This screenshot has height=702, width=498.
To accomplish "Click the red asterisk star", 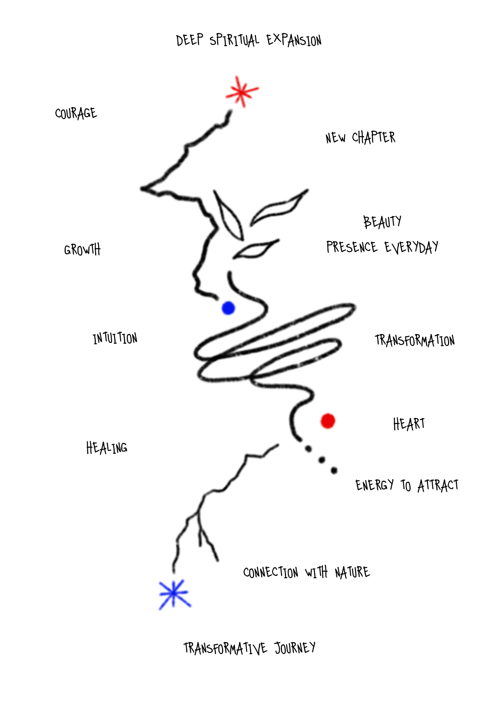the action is (241, 92).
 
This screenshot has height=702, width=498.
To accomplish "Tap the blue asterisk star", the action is (174, 594).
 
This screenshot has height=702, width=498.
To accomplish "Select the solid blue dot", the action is (228, 308).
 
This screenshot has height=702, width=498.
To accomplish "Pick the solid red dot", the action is (327, 421).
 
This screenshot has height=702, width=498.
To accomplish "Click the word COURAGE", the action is (76, 113).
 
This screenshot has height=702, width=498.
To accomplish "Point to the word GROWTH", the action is (82, 250).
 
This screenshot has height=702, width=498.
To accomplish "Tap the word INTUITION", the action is (115, 338).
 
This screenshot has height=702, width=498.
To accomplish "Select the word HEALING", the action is (107, 448).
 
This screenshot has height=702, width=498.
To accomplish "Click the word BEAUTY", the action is (382, 222).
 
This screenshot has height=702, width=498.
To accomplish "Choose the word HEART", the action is (409, 424).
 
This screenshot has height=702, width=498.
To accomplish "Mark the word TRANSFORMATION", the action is (415, 341).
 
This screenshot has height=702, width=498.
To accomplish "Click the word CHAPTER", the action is (374, 137).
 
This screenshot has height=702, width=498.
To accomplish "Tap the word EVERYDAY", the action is (411, 247).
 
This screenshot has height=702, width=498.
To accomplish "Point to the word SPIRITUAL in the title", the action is (234, 40).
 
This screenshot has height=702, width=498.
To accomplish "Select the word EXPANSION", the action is (294, 40).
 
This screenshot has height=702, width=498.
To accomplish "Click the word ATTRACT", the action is (438, 486).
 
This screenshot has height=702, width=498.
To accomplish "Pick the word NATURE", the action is (352, 572).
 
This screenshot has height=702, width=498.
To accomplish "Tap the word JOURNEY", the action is (295, 648).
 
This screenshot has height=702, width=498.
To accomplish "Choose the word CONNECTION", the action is (270, 572).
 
